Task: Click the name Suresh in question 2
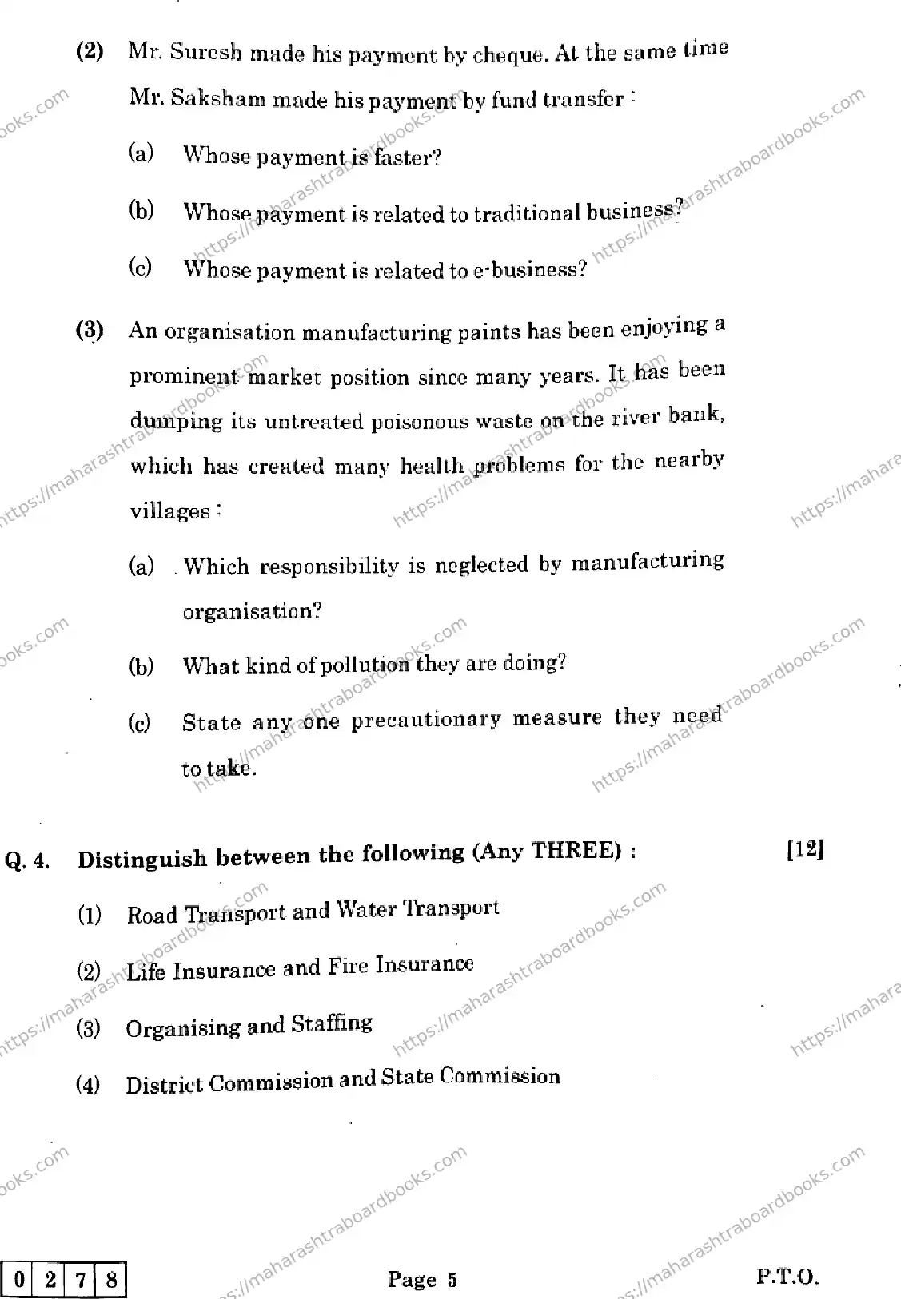(205, 54)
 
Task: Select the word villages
(171, 511)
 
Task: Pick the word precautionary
(426, 720)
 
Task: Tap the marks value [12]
(804, 850)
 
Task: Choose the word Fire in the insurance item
(348, 967)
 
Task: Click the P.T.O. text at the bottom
(787, 1277)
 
